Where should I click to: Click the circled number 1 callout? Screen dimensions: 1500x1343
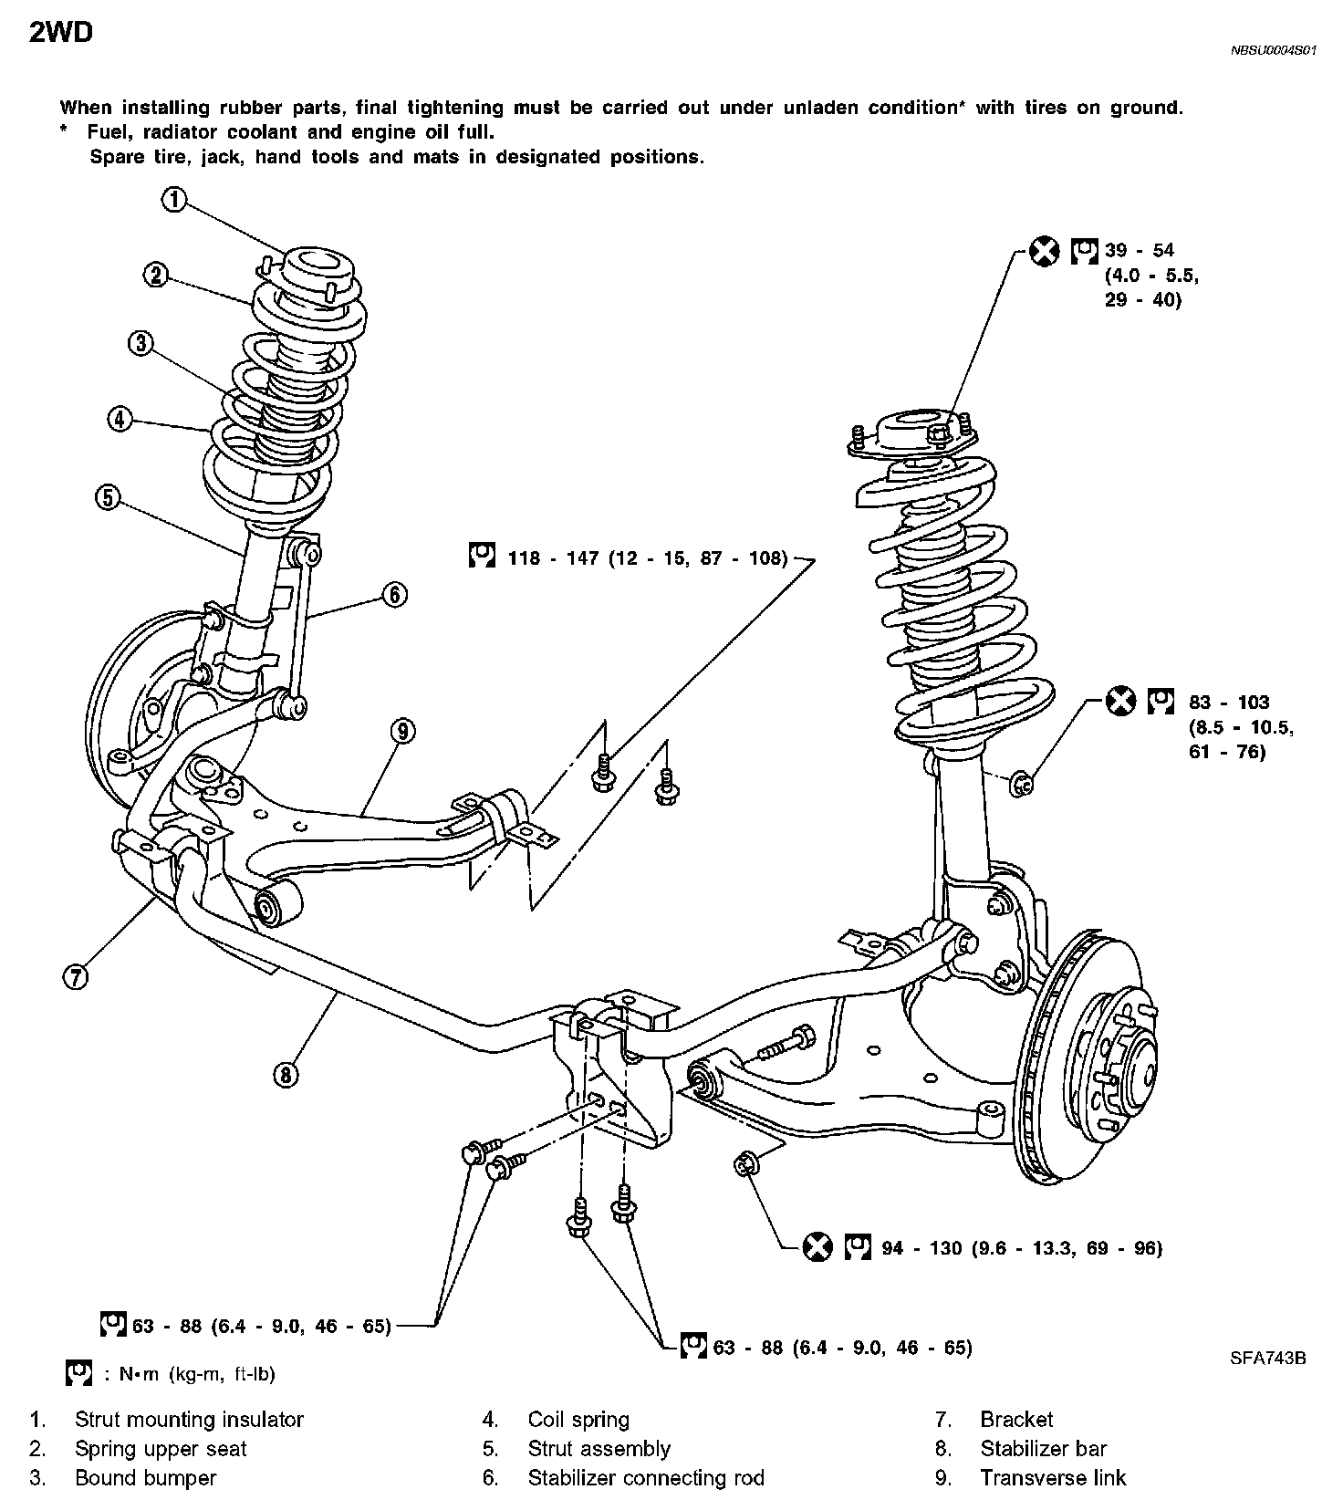point(173,200)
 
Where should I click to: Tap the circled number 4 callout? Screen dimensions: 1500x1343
point(119,420)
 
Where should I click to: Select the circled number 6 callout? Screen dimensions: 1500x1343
point(393,594)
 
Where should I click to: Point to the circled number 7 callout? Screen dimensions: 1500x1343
point(76,977)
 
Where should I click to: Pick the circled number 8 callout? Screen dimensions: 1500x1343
point(286,1075)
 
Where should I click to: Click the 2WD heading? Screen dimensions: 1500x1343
point(61,34)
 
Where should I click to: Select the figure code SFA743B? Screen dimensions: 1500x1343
point(1267,1358)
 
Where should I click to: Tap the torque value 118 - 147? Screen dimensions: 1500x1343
point(546,557)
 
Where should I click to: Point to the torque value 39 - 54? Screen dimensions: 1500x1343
point(1140,250)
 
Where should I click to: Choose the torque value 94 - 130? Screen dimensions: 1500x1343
point(921,1247)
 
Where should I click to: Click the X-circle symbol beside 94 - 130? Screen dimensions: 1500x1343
point(817,1246)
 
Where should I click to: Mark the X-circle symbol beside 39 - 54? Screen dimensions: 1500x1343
point(1045,251)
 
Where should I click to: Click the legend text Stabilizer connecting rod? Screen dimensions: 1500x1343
point(645,1477)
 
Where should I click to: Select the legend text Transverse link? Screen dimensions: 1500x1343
point(1053,1477)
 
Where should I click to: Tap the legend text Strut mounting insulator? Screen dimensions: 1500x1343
point(189,1419)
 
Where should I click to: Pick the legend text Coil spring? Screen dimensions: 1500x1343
point(578,1419)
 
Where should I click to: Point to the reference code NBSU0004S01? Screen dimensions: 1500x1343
point(1274,52)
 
